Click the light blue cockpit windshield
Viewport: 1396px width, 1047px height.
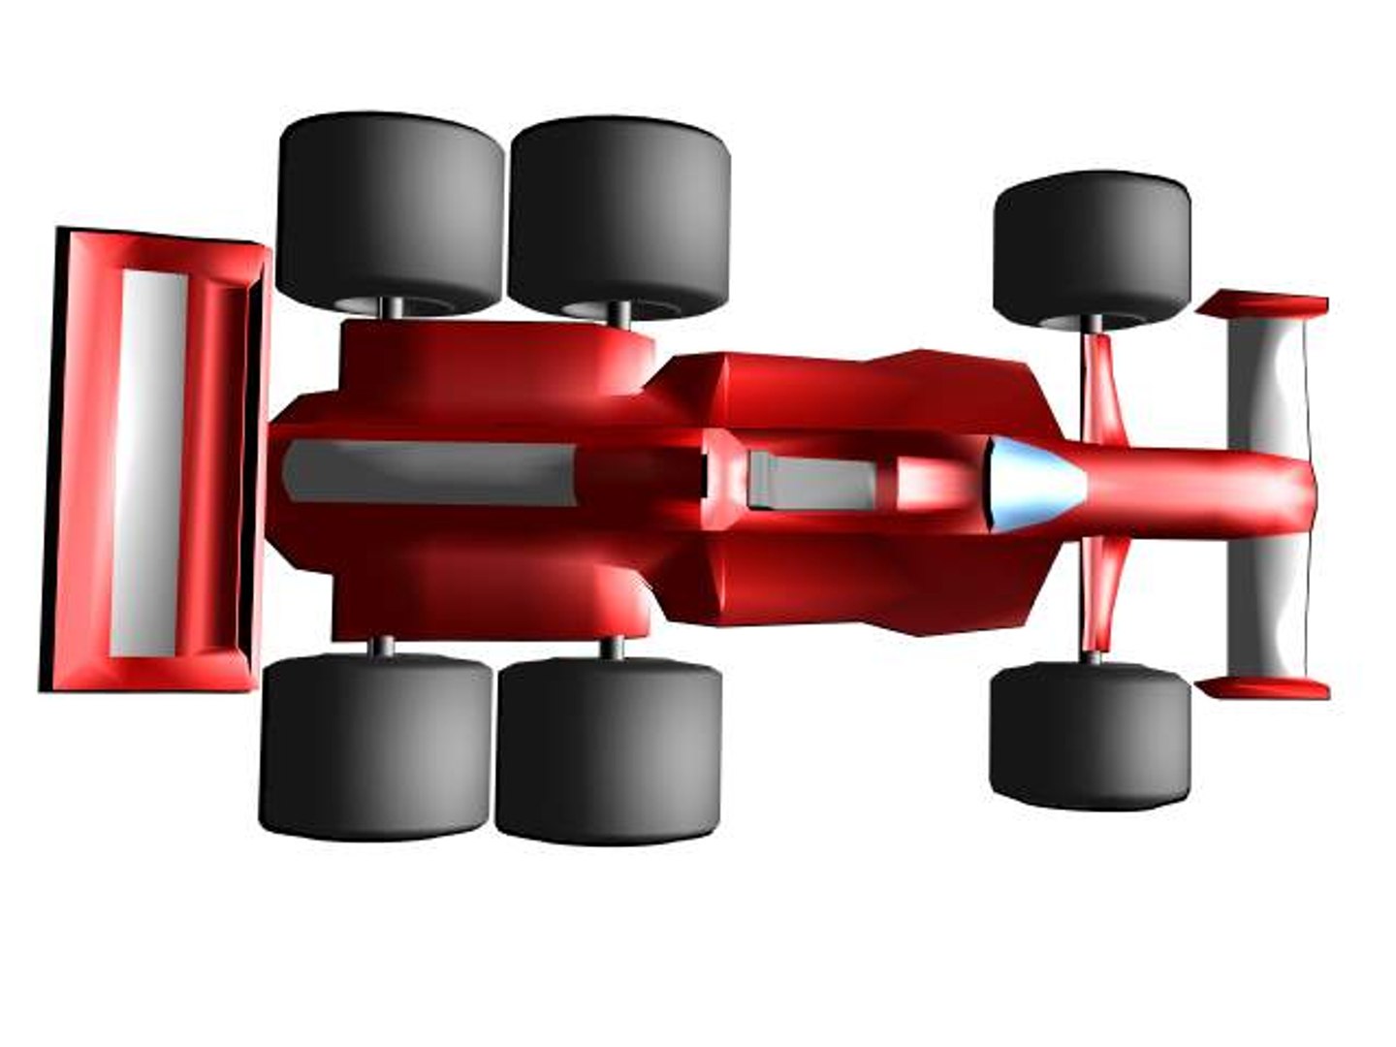[x=1030, y=485]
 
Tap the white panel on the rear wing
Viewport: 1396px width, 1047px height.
[x=148, y=462]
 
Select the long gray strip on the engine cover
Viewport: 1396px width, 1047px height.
[x=427, y=472]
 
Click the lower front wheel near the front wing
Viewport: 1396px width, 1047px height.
[x=1090, y=735]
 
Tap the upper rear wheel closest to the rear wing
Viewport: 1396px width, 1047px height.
[x=390, y=210]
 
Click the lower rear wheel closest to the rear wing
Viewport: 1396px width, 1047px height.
[x=375, y=745]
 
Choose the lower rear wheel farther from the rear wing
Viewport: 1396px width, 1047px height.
[x=609, y=749]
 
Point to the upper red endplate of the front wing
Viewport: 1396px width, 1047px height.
[x=1262, y=304]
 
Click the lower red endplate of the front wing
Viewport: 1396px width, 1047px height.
[x=1262, y=687]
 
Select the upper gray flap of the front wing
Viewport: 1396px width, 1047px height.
[x=1265, y=383]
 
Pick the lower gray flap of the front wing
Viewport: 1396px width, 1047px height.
[x=1265, y=606]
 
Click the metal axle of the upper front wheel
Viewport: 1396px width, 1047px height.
[x=1093, y=324]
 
